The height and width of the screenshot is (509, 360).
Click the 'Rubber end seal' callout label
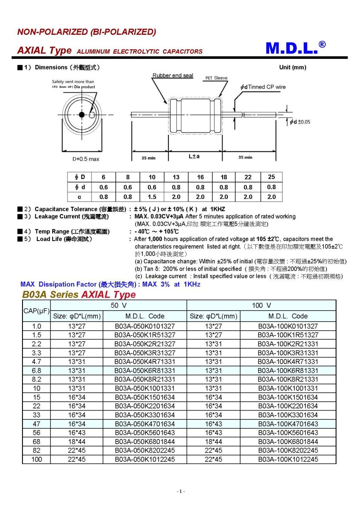tap(173, 76)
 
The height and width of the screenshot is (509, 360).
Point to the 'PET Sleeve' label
tap(216, 78)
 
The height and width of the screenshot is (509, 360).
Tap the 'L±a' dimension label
tap(194, 157)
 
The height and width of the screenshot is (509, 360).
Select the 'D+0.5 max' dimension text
tap(85, 159)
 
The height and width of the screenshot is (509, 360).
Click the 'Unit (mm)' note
tap(292, 67)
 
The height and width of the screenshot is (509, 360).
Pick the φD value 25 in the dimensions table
tap(271, 176)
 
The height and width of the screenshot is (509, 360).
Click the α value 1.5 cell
tap(152, 197)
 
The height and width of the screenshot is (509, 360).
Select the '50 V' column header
tap(119, 305)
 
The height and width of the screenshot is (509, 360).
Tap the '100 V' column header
tap(262, 305)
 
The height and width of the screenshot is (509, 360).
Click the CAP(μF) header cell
tap(36, 311)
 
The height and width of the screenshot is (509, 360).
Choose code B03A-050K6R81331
tap(145, 370)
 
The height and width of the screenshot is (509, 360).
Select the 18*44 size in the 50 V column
tap(77, 441)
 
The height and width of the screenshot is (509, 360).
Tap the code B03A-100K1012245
tap(288, 459)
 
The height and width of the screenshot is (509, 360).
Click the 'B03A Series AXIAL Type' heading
tap(79, 294)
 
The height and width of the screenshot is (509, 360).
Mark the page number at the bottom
tap(180, 491)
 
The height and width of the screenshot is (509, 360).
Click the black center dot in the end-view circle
tap(81, 115)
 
